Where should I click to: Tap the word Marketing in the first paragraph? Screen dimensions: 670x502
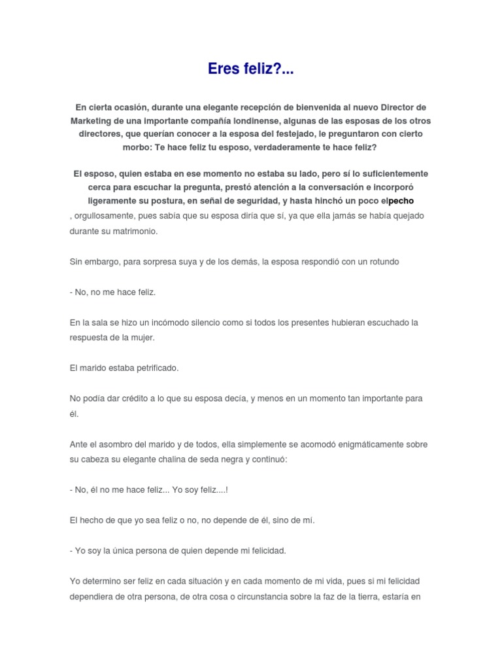(92, 121)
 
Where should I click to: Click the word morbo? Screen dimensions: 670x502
(137, 147)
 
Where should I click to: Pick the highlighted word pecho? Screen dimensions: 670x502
(401, 200)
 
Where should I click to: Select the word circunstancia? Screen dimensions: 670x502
(284, 596)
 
